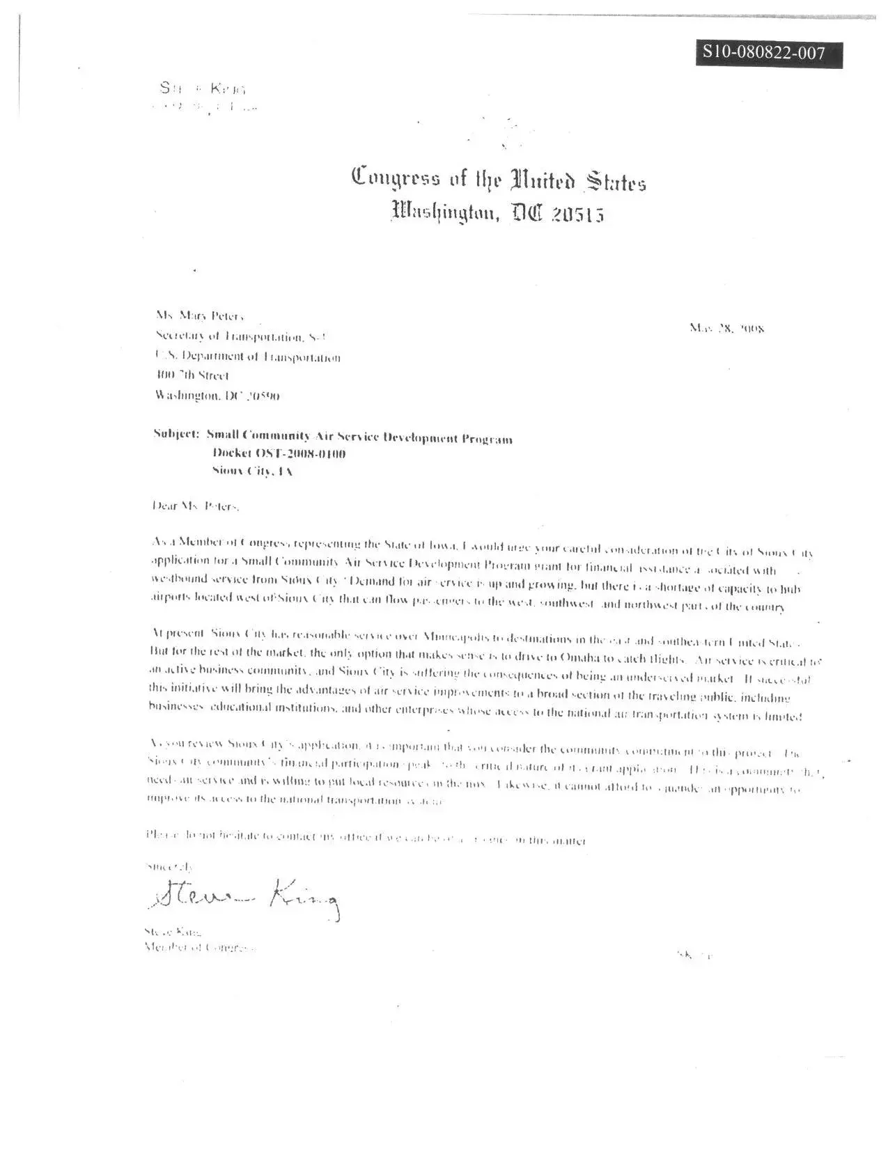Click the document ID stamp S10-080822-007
(x=768, y=54)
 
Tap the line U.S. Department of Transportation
(x=248, y=357)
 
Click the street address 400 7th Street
(x=192, y=376)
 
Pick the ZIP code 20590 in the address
(x=264, y=396)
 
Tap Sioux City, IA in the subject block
(x=252, y=471)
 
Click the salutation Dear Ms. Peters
(x=196, y=506)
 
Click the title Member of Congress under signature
(x=198, y=947)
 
